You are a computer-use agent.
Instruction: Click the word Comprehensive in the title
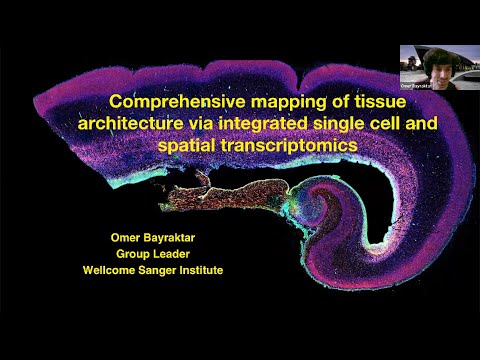pos(170,102)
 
